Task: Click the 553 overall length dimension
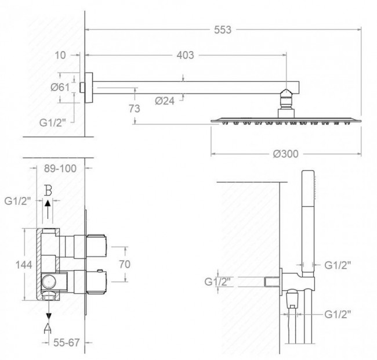click(223, 30)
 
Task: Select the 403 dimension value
click(185, 55)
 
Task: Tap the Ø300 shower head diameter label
click(285, 154)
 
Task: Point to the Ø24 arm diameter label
click(165, 101)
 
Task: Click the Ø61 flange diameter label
click(60, 87)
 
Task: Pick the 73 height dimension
click(134, 109)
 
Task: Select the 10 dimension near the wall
click(60, 55)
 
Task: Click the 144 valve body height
click(24, 265)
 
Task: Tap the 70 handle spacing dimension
click(125, 264)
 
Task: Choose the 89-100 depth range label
click(60, 168)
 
